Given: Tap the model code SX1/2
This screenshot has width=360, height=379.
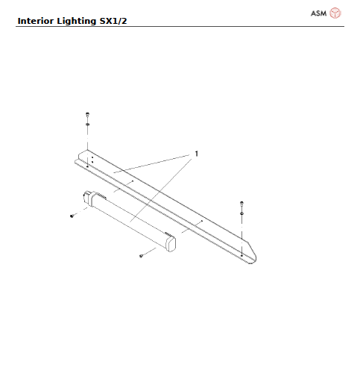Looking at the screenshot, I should point(112,20).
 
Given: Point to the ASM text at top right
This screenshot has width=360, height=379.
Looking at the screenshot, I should point(318,13).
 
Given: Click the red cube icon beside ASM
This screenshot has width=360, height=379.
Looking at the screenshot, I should point(335,13).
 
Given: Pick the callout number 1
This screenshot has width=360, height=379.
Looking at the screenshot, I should point(196,154).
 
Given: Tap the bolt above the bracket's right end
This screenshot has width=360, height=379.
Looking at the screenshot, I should point(241,203).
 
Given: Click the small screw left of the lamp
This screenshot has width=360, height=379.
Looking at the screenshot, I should point(71,215).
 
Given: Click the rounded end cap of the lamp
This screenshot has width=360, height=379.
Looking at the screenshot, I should point(172,243).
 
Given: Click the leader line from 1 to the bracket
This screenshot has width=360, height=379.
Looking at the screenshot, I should point(153,165).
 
